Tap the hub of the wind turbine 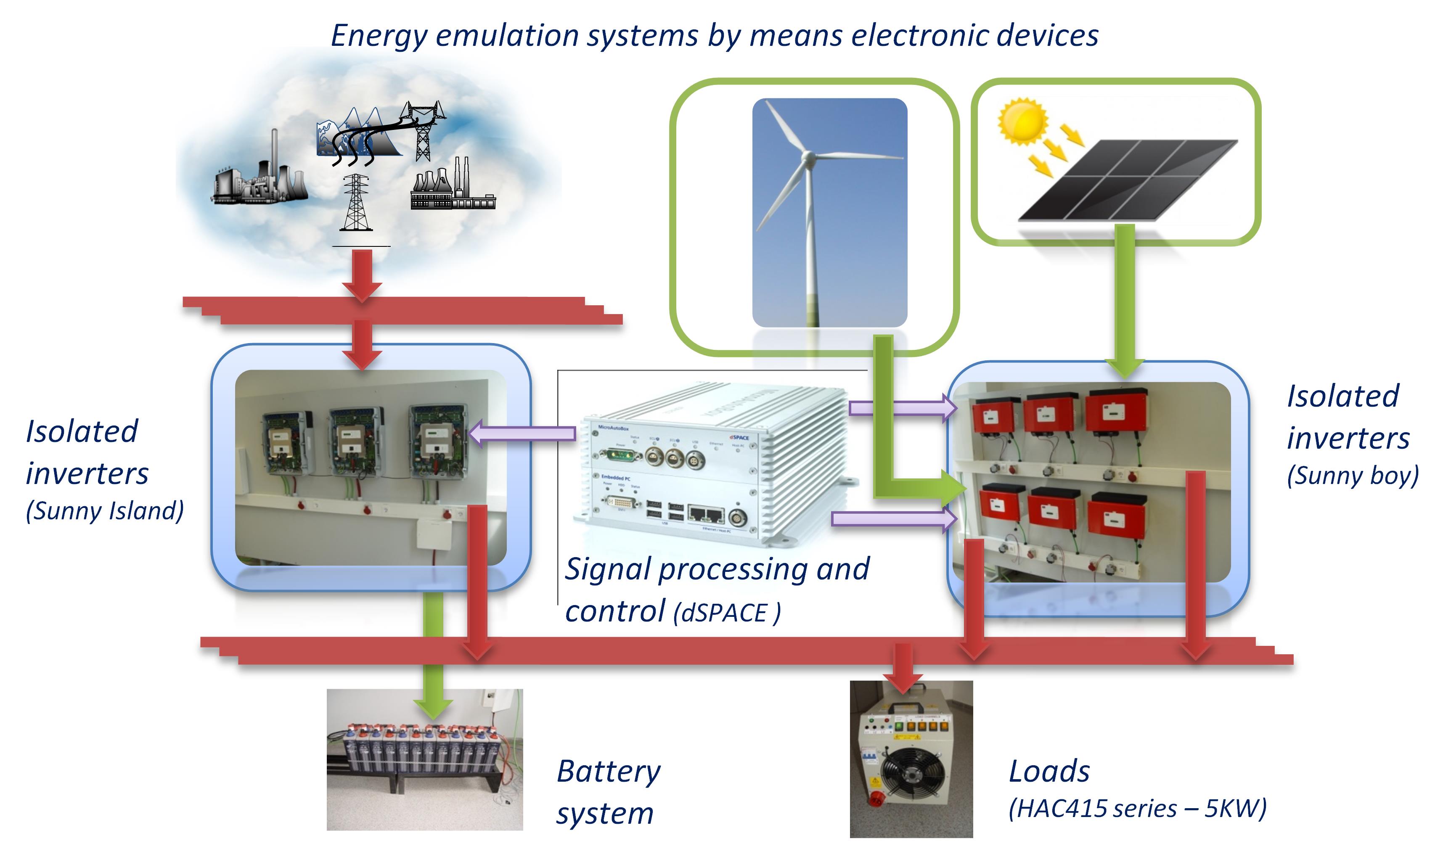(x=808, y=156)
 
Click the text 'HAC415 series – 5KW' (x=1137, y=809)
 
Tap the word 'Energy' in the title (x=379, y=36)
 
